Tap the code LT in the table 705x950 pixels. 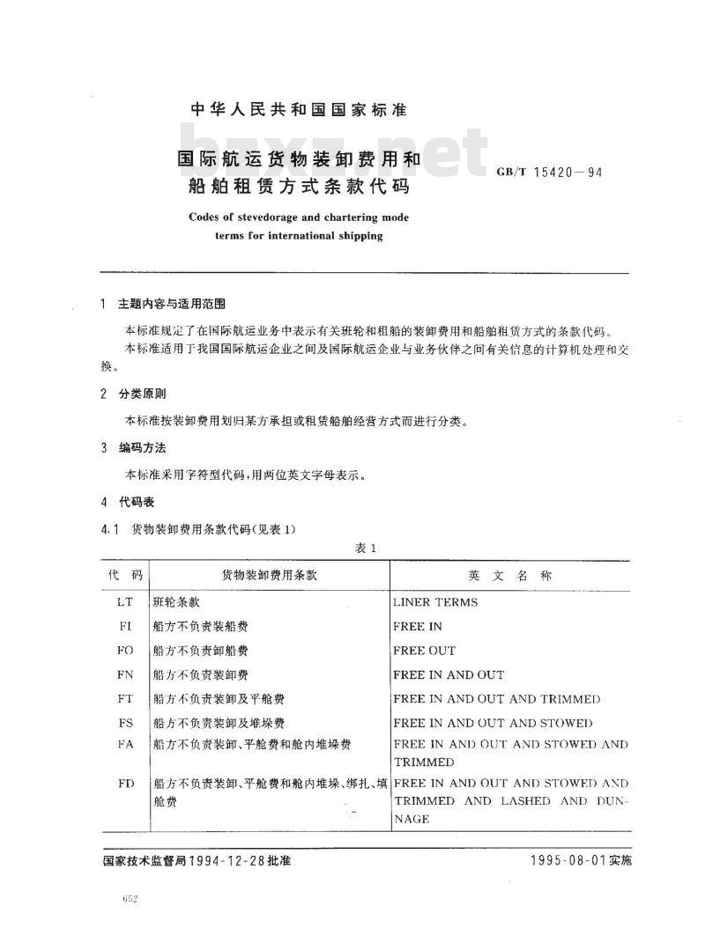(x=124, y=603)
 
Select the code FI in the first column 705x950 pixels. (x=124, y=627)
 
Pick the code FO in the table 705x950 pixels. (x=124, y=651)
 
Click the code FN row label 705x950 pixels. (x=124, y=675)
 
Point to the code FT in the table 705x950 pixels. (x=124, y=699)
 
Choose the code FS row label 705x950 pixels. (x=124, y=723)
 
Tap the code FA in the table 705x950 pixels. (x=124, y=745)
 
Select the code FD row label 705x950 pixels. (x=124, y=783)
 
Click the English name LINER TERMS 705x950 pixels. (x=435, y=603)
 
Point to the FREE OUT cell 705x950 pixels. (x=424, y=651)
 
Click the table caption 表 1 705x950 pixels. (x=365, y=549)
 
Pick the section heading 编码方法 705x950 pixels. (x=142, y=448)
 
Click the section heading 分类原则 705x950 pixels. (x=142, y=394)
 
